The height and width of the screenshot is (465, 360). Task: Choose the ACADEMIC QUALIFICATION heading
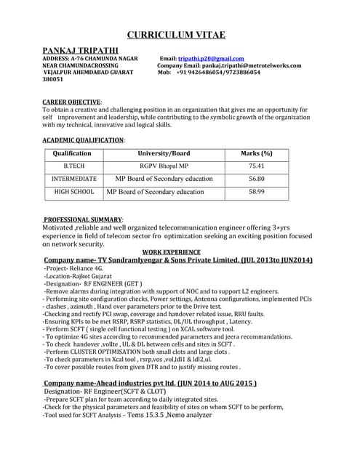(83, 139)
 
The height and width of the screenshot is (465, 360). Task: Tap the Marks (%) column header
(256, 153)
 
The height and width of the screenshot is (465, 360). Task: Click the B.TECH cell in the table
(73, 166)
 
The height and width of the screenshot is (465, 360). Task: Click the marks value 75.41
(256, 166)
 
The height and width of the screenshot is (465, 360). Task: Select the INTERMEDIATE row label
(73, 178)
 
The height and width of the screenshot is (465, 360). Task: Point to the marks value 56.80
(256, 178)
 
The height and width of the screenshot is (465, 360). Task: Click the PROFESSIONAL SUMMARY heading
(82, 219)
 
